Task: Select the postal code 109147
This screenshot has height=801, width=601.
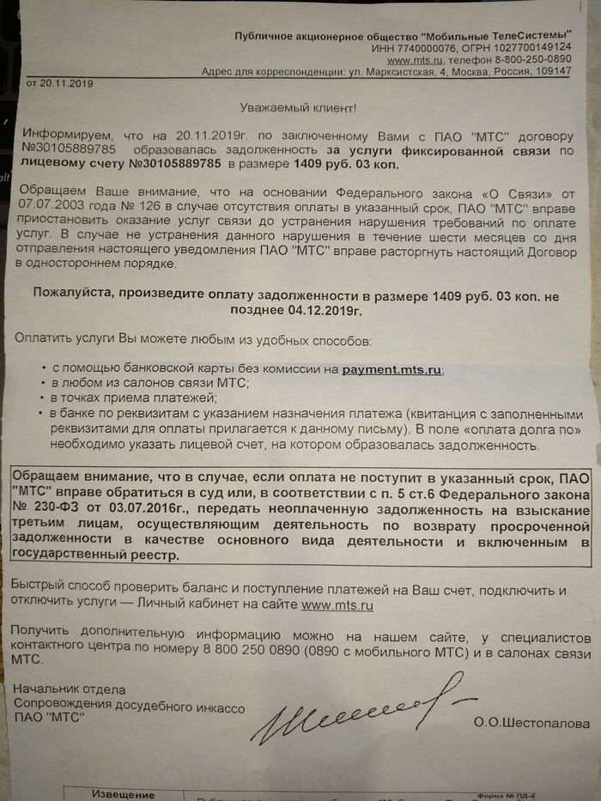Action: click(x=551, y=72)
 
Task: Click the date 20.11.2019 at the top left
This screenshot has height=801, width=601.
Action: click(x=67, y=84)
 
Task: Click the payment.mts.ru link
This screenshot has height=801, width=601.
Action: click(x=392, y=368)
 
